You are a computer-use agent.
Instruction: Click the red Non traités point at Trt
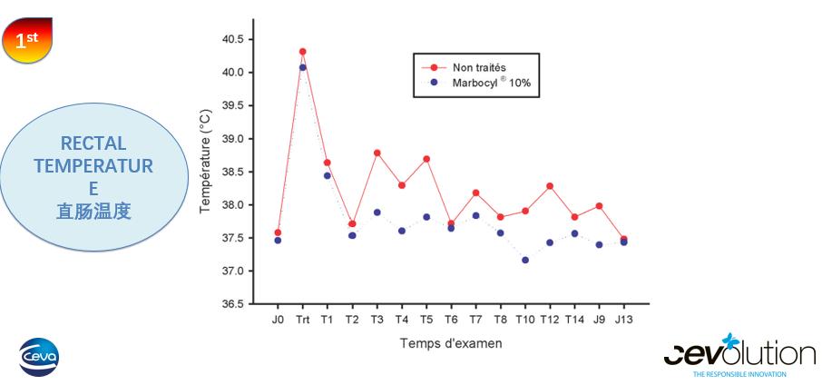[302, 52]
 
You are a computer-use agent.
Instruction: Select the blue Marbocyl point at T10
[525, 260]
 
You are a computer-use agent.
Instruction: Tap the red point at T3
[377, 153]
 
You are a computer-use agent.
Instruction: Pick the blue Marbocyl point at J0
[278, 240]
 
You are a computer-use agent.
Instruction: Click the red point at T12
[550, 186]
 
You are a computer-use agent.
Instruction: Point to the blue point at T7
[476, 215]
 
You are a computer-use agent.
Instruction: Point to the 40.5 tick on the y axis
[231, 39]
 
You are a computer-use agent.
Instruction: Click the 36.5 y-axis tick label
[231, 304]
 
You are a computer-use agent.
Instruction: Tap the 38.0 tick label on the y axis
[231, 205]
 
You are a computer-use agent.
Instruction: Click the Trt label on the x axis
[302, 320]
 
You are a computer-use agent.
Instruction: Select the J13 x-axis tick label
[623, 320]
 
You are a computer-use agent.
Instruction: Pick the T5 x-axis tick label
[426, 320]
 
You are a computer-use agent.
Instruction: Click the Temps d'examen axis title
[451, 343]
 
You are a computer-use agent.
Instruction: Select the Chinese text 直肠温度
[93, 212]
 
